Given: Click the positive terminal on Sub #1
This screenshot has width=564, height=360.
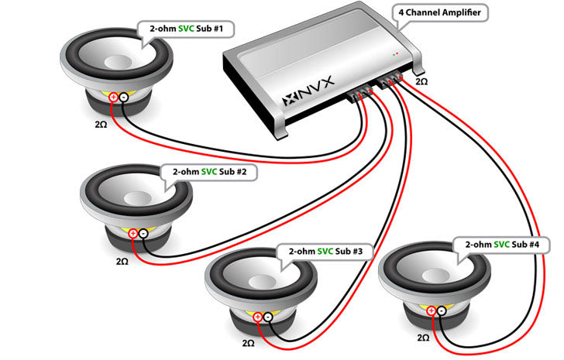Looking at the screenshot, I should pos(113,97).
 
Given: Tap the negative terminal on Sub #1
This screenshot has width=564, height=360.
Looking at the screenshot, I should pos(123,97).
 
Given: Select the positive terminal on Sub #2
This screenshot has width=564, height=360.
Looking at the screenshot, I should pos(132,232).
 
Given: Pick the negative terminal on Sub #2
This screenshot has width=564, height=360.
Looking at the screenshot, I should pos(143,232).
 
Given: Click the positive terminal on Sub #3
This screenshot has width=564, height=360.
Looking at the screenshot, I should pos(257,317).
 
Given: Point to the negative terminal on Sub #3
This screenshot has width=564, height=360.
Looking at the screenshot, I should pos(267,317).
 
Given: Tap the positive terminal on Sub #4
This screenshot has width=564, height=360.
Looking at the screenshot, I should pos(431,310).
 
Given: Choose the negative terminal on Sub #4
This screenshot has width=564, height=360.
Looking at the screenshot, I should pos(441,310).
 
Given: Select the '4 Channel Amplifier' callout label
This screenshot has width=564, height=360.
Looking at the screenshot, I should pos(442,12).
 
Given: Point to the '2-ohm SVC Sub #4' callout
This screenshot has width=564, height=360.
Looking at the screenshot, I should pos(507,244).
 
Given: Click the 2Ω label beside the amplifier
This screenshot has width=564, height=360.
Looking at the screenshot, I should pos(421,81).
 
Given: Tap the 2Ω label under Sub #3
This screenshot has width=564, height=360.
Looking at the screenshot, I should pos(248,341).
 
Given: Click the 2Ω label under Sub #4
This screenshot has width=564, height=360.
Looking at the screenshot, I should pos(423,338).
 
